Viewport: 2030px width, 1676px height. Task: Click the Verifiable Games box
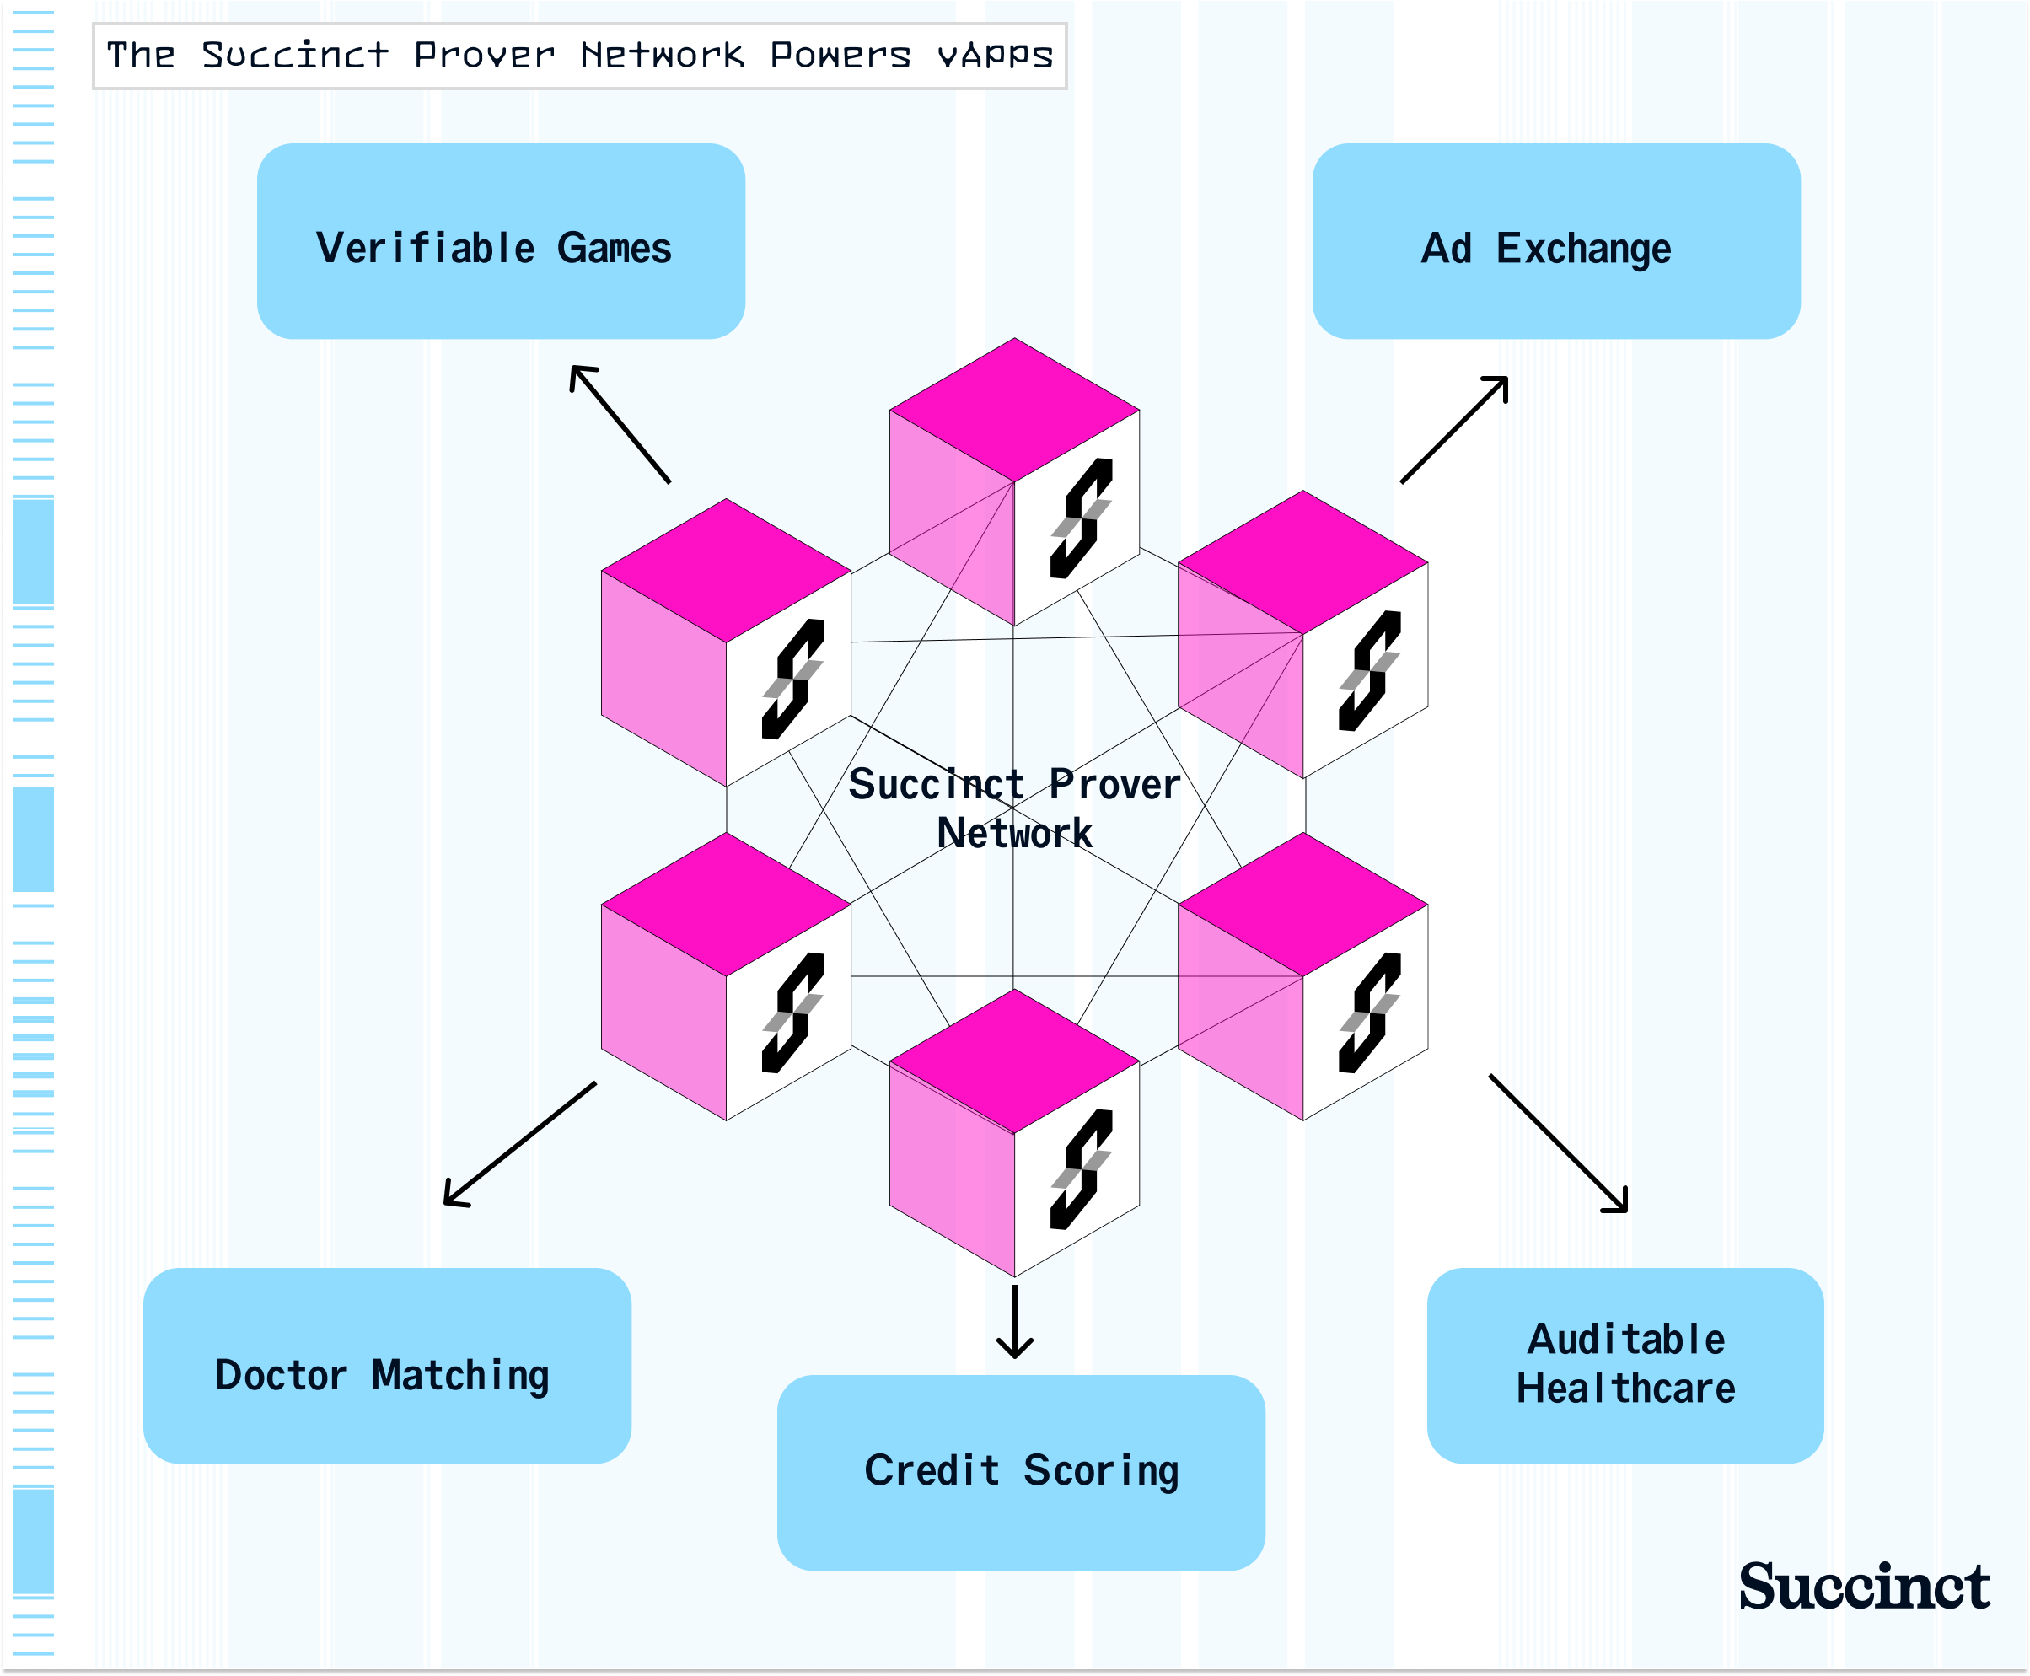(500, 241)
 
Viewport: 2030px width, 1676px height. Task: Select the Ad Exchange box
(1555, 241)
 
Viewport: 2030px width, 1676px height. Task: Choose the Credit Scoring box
(1020, 1471)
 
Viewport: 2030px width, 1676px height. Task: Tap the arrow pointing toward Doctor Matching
(519, 1144)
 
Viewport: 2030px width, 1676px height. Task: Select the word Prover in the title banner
(484, 55)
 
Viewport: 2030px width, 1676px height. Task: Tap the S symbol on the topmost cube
(1081, 518)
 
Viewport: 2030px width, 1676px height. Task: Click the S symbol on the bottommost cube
(1081, 1169)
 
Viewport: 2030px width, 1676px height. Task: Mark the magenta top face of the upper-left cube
(726, 570)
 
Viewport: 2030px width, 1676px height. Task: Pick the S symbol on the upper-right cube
(1369, 671)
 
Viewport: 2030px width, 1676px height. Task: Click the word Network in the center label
(1013, 833)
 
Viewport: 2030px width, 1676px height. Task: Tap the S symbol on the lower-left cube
(792, 1013)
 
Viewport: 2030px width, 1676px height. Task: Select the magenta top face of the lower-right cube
(1302, 905)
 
